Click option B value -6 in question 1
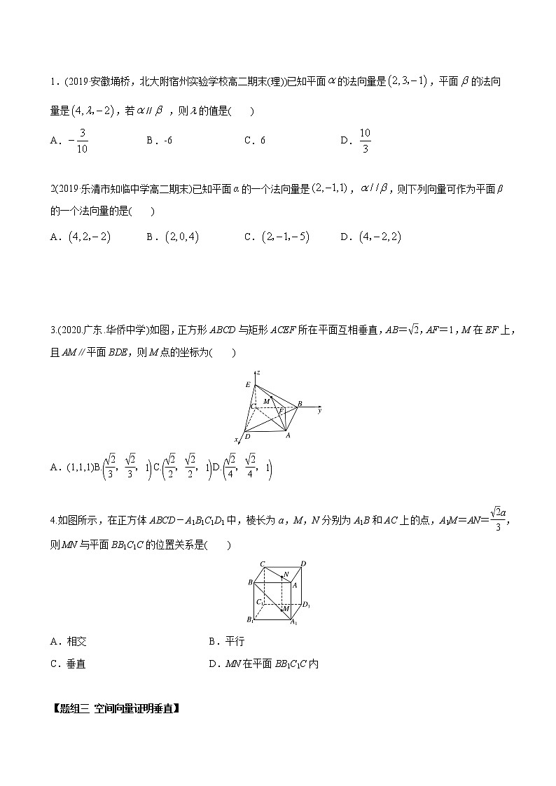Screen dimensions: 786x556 pos(166,140)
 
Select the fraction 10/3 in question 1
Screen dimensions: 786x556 pos(365,140)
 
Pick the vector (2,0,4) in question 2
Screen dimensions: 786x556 pos(181,237)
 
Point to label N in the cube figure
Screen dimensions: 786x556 pos(286,576)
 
